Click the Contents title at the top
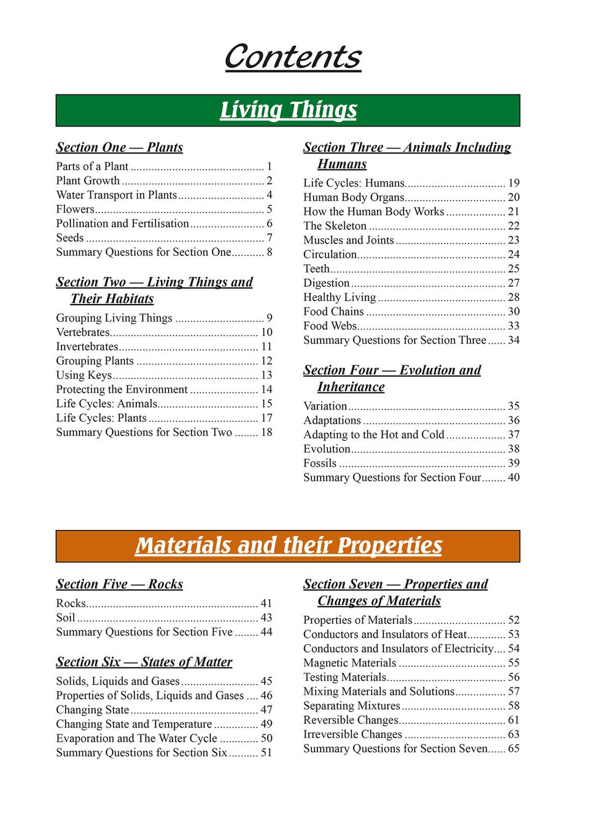pos(293,57)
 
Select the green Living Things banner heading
pos(288,110)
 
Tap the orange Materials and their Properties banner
pos(288,546)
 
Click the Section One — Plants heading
pos(119,147)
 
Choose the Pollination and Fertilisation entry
pos(122,223)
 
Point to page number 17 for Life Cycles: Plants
pos(266,418)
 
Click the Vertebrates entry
pos(83,332)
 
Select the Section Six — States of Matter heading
pos(144,662)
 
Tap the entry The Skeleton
pos(335,226)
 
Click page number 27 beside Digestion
pos(513,283)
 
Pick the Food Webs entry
pos(330,326)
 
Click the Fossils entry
pos(320,464)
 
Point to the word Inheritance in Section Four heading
pos(351,387)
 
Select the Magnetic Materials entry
pos(349,663)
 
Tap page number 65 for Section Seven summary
pos(513,749)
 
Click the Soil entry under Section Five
pos(66,618)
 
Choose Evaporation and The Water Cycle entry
pos(136,739)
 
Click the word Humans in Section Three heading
pos(342,164)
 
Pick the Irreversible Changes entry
pos(352,734)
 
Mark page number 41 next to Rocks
pos(266,604)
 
